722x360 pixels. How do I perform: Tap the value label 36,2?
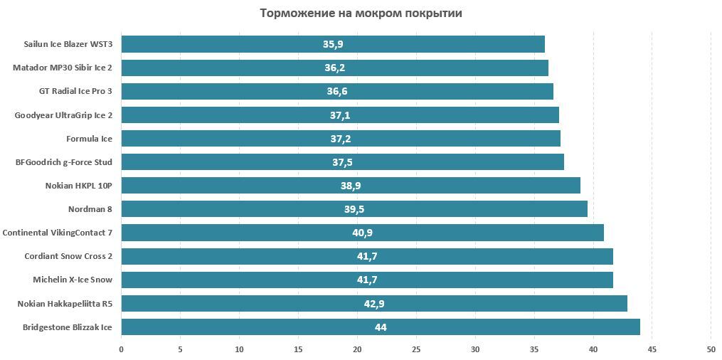tap(334, 68)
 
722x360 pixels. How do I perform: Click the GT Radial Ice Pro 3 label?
tap(75, 91)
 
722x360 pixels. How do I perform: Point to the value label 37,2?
tap(341, 138)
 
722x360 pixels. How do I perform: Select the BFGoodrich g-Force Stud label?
tap(64, 162)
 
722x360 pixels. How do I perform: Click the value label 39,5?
tap(354, 209)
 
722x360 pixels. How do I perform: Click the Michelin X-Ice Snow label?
tap(73, 280)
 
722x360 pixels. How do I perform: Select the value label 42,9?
tap(374, 303)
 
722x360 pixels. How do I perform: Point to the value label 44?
tap(381, 327)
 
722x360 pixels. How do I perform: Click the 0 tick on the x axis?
tap(122, 349)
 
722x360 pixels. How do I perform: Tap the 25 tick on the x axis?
tap(416, 349)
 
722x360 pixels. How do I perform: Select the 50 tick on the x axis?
tap(711, 349)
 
